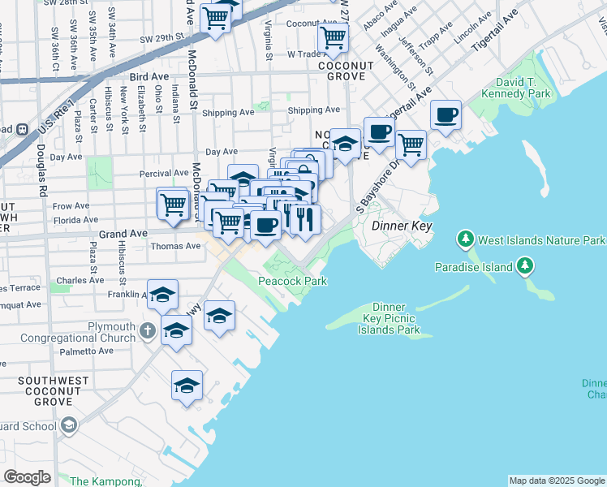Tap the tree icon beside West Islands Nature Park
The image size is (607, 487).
[x=465, y=240]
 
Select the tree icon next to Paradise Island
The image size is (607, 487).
[x=525, y=266]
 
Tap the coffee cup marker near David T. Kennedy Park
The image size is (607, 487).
[x=445, y=114]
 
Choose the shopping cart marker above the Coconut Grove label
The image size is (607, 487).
[x=333, y=37]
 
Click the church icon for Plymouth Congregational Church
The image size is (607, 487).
[x=146, y=330]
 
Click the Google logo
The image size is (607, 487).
[x=27, y=477]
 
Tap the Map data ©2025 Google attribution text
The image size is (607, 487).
[x=556, y=481]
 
